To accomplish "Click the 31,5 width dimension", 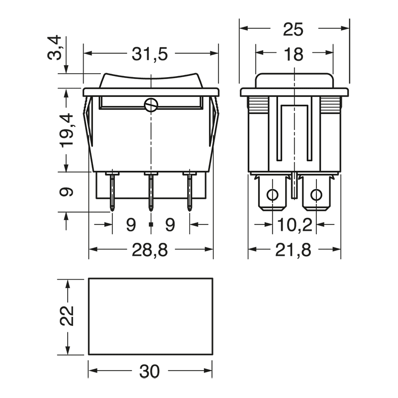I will pos(151,54).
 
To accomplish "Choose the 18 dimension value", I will pos(294,54).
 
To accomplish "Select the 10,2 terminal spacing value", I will pos(295,225).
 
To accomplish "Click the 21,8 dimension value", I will pos(295,251).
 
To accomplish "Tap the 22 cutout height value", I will pos(69,316).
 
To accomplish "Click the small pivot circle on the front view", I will pos(151,104).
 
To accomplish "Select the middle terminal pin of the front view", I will pos(151,192).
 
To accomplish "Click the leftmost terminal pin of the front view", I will pos(112,192).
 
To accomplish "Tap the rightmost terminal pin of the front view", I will pos(190,192).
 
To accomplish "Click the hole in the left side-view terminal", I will pos(272,195).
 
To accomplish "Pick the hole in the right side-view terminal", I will pos(316,195).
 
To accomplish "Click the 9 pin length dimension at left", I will pos(69,192).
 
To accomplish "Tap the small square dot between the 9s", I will pos(151,225).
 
